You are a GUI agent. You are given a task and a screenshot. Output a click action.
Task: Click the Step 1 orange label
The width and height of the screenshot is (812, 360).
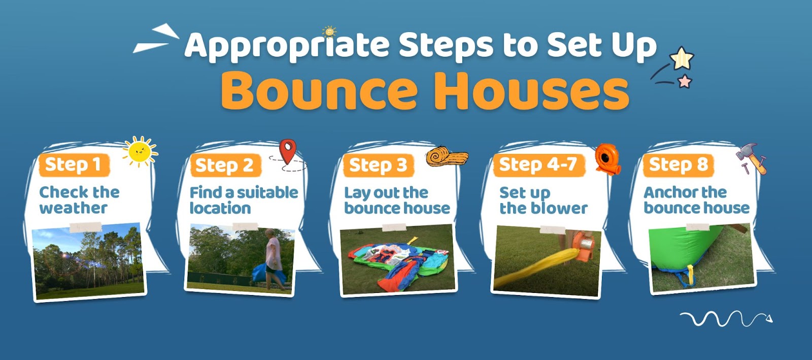[74, 166]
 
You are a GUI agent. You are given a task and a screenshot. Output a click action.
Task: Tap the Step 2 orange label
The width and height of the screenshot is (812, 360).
[225, 166]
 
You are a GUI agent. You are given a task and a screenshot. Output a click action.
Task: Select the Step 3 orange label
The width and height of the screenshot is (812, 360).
[379, 166]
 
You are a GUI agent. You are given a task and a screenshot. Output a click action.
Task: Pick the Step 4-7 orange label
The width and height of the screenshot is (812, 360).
[539, 165]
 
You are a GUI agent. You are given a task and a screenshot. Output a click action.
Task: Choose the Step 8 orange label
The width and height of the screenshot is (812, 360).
[678, 166]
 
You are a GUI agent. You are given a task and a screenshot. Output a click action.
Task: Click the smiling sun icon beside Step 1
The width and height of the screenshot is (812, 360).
[140, 151]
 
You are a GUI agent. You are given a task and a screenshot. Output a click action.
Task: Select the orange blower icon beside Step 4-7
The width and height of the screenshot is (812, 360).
[608, 159]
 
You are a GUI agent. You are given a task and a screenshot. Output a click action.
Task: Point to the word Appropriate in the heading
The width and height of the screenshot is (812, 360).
[287, 45]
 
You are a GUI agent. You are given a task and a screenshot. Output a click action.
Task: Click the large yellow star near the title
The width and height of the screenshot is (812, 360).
[682, 58]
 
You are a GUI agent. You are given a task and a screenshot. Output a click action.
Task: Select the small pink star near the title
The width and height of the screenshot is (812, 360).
[685, 81]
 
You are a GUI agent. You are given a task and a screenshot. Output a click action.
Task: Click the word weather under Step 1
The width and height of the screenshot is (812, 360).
[73, 208]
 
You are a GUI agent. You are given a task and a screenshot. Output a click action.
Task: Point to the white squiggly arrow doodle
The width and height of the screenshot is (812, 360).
[726, 319]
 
